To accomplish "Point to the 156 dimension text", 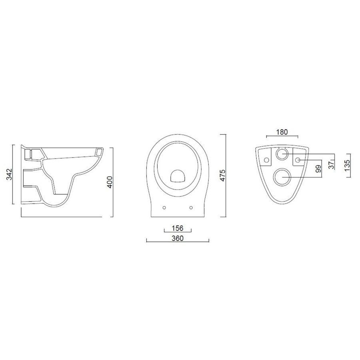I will (177, 228).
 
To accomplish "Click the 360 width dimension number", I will (177, 238).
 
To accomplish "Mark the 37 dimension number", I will (332, 164).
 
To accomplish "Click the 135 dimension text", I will (347, 164).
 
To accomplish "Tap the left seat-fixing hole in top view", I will (164, 207).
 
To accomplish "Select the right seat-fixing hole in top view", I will (190, 207).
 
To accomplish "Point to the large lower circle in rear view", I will (283, 176).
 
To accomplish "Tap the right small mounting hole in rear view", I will (298, 160).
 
